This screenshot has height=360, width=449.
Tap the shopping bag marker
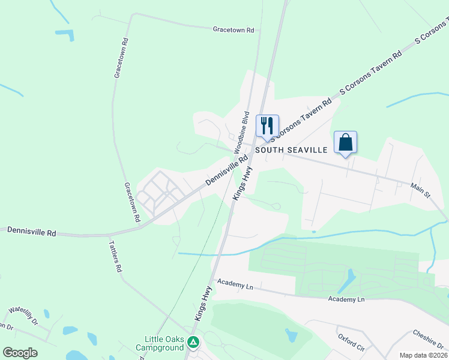pyautogui.click(x=345, y=142)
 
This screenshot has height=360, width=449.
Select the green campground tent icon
pyautogui.click(x=193, y=342)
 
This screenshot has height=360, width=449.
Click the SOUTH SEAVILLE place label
pyautogui.click(x=291, y=150)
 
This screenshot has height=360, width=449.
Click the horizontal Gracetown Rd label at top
pyautogui.click(x=234, y=29)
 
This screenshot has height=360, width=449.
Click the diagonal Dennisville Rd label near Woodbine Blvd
pyautogui.click(x=226, y=171)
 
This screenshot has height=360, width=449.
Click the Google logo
pyautogui.click(x=20, y=353)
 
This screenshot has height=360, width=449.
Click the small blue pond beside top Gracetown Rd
pyautogui.click(x=65, y=34)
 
